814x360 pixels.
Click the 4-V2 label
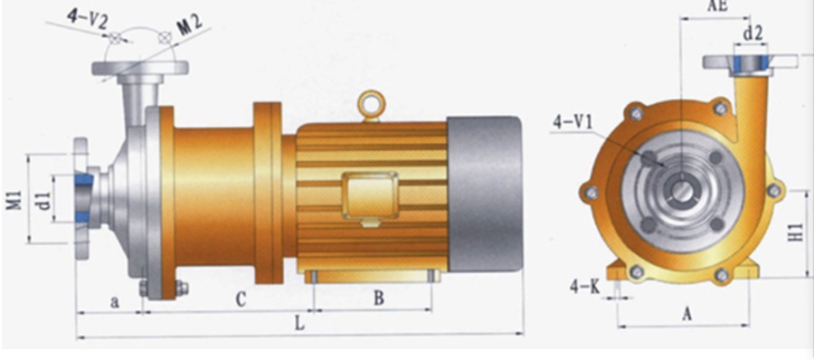[x=87, y=18]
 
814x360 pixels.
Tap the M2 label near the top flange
[x=190, y=25]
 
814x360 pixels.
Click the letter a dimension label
[x=115, y=301]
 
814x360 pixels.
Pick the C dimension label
[x=240, y=299]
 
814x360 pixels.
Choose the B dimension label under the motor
[x=379, y=298]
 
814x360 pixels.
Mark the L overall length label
[x=299, y=323]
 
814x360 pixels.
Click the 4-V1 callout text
[x=573, y=122]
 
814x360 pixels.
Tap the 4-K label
[x=584, y=287]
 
